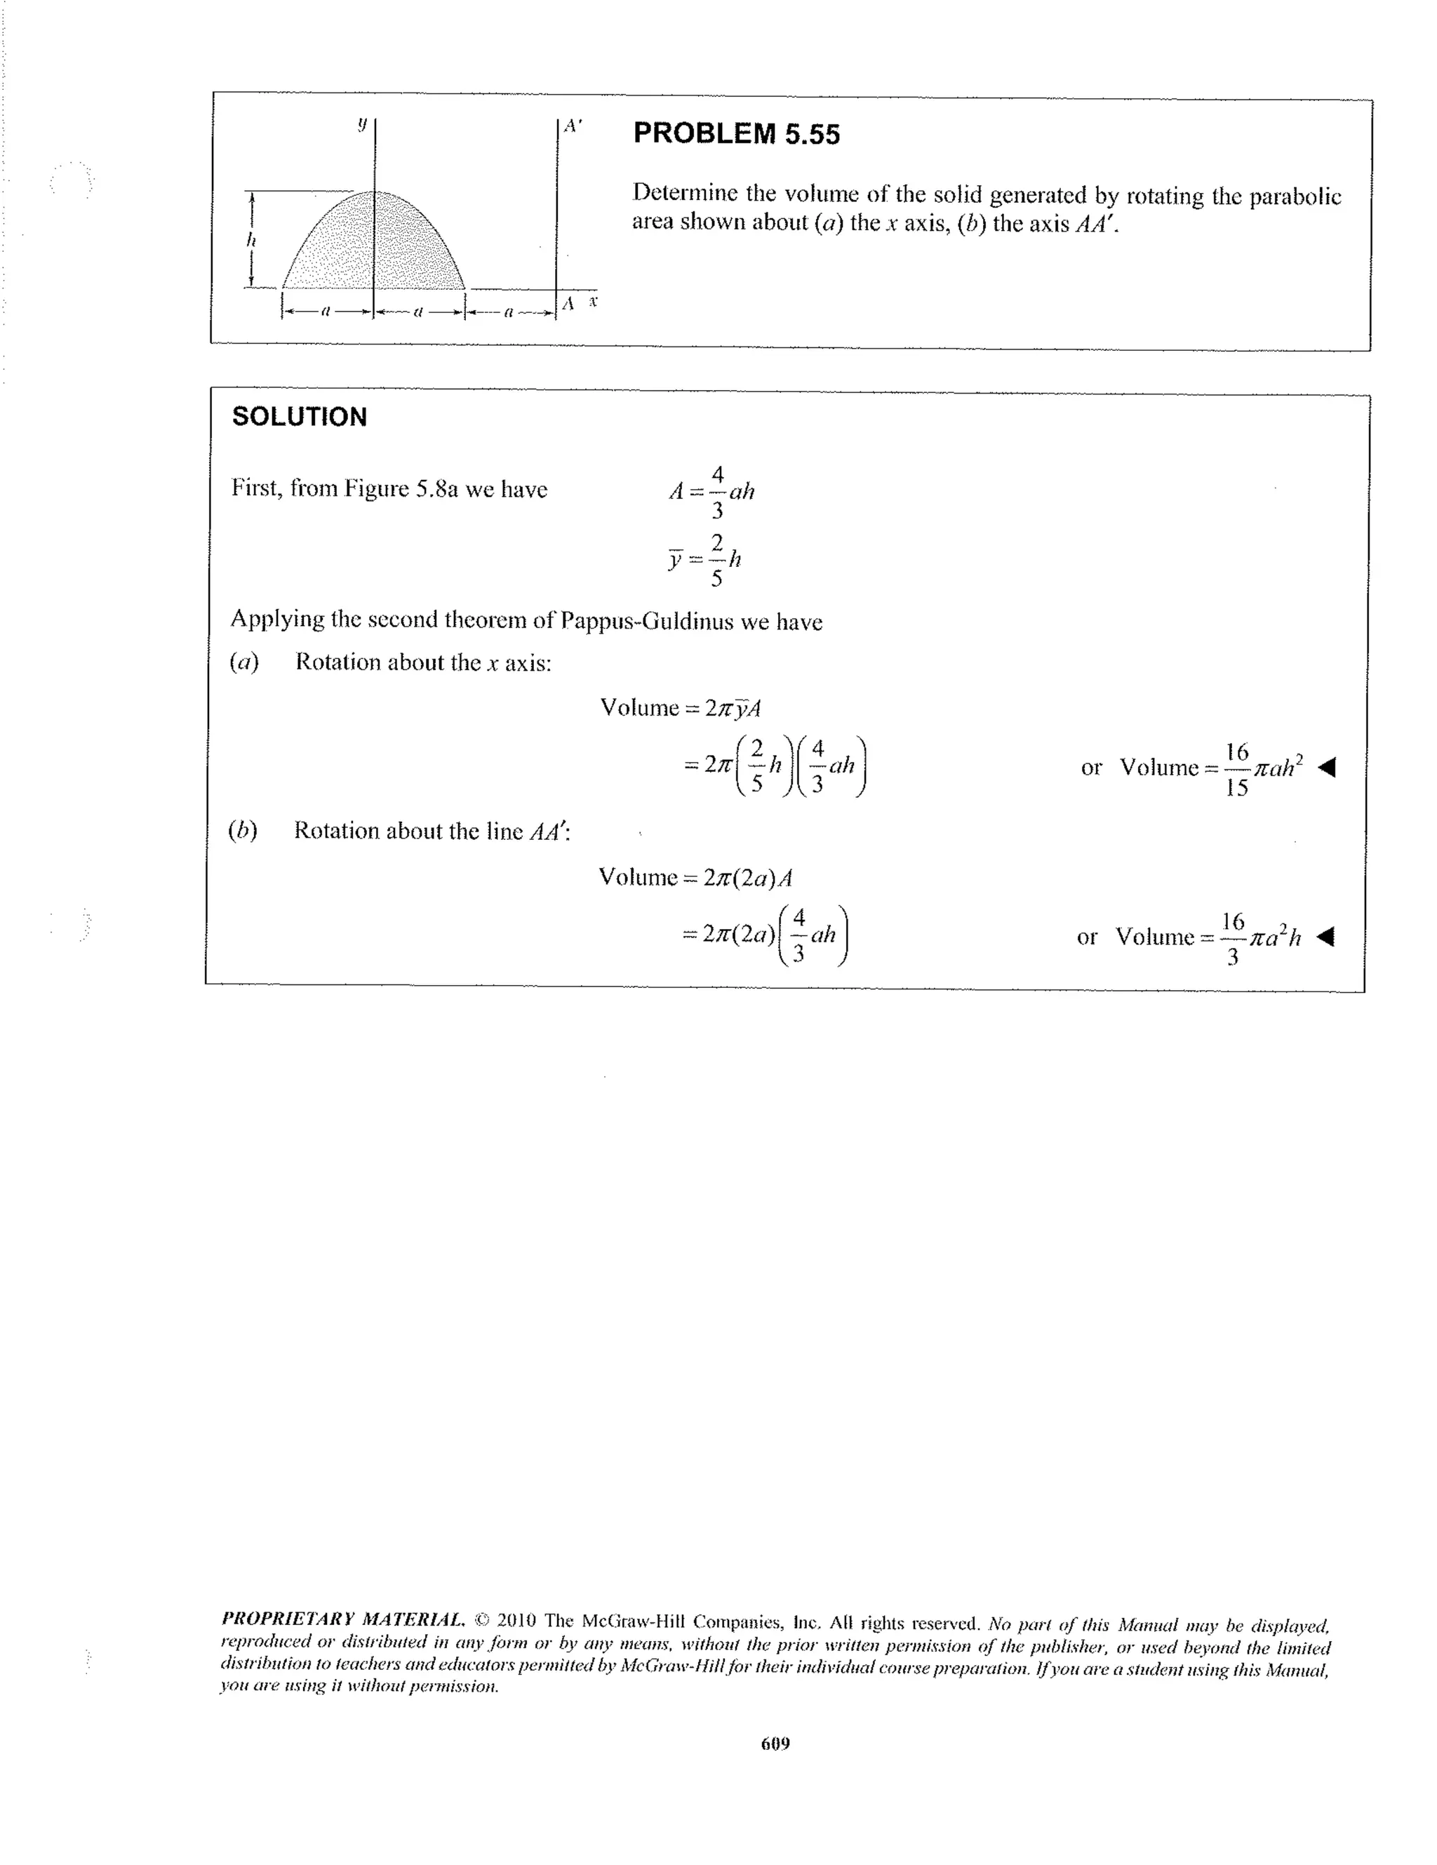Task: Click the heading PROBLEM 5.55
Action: point(736,134)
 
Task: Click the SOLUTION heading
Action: point(300,417)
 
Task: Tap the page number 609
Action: point(775,1743)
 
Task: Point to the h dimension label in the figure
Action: point(250,241)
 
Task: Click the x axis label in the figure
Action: point(593,302)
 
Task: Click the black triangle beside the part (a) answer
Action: point(1326,768)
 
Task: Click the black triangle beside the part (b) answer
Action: point(1324,937)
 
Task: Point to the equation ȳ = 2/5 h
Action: point(704,560)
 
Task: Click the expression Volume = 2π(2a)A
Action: point(695,877)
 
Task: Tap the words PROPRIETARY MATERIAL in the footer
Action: point(342,1618)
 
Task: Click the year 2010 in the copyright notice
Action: point(516,1620)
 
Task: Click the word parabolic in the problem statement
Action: point(1295,196)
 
